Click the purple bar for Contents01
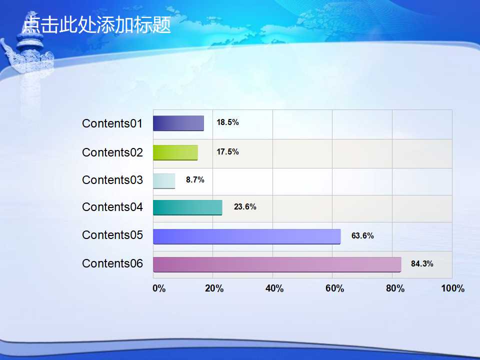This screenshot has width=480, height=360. pos(178,123)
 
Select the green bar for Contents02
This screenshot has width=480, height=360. pos(175,152)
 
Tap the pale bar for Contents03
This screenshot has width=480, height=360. pos(164,181)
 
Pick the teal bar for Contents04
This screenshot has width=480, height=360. pos(187,208)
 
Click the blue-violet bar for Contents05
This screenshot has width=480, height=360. pos(246,236)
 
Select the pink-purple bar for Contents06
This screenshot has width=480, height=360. pos(277,264)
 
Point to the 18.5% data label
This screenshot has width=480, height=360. pos(227,122)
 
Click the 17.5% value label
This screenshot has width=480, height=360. pos(227,152)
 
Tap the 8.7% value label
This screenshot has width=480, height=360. pos(195,179)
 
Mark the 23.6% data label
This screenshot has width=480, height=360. pos(245,207)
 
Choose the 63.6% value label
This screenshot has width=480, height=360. pos(362,235)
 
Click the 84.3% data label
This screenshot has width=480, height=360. pos(422,264)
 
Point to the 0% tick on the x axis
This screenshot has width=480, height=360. pos(159,288)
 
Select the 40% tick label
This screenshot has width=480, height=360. pos(274,288)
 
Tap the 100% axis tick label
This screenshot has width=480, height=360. pos(453,288)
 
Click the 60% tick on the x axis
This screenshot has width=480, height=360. pos(334,288)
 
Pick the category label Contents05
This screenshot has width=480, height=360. pos(112,235)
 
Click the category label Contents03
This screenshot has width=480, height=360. pos(112,180)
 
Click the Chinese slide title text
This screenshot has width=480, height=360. pos(96,24)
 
